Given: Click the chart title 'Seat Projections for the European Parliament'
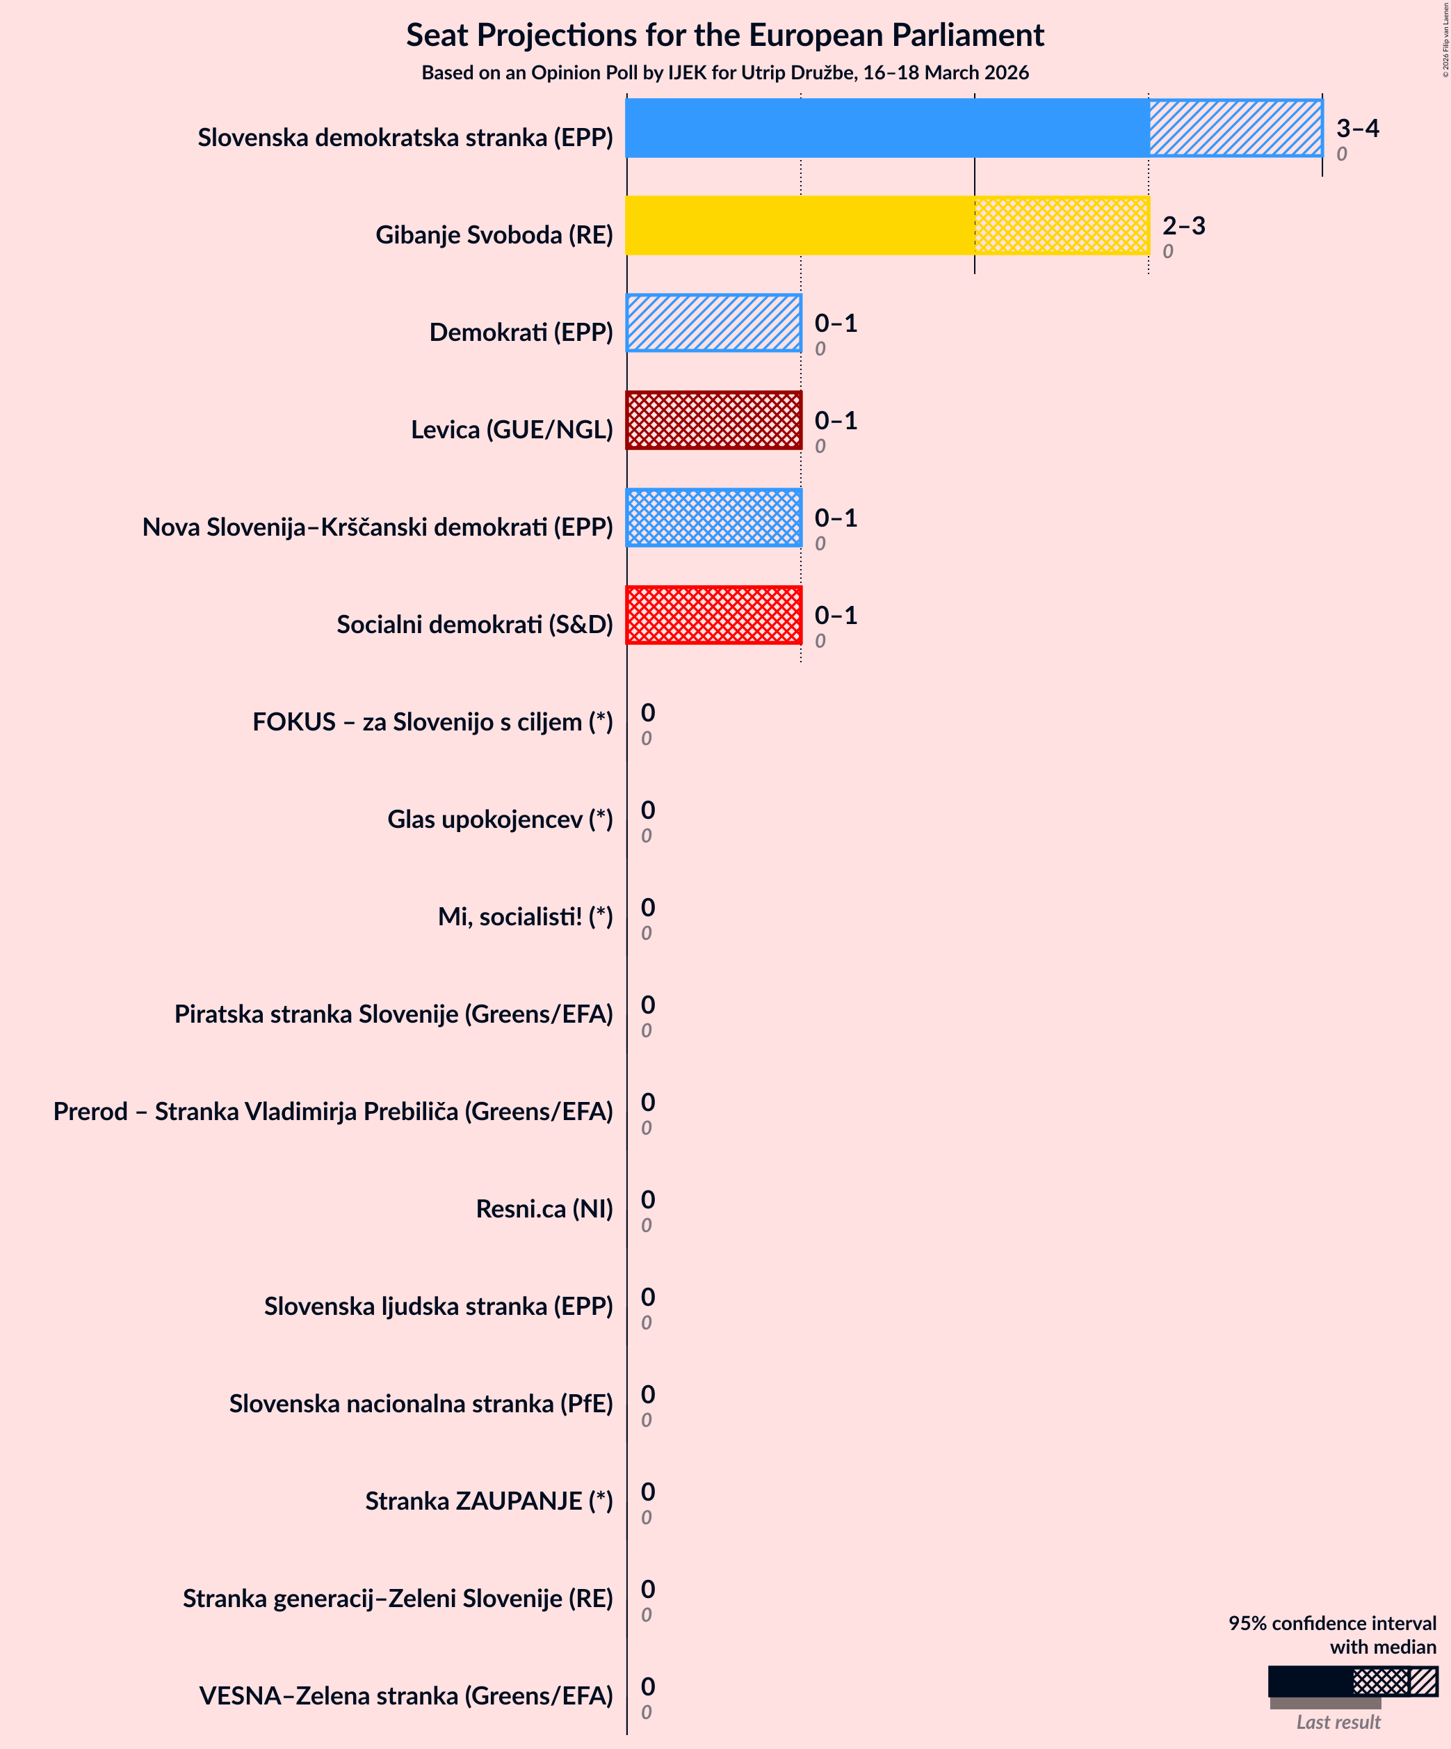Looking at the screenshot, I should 724,35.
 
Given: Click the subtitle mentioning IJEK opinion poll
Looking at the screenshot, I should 724,72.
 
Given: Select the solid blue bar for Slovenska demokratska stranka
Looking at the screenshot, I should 886,128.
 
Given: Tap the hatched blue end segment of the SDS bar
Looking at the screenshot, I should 1235,128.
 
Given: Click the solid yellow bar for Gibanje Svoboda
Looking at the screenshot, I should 799,225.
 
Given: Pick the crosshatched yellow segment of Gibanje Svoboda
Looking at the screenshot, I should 1062,225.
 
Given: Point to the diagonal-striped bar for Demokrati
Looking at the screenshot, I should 713,323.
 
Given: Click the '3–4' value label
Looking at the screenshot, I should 1357,127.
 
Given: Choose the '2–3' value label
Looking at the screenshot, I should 1183,225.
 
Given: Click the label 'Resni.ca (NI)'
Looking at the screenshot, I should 544,1208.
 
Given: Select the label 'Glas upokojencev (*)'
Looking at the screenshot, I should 499,819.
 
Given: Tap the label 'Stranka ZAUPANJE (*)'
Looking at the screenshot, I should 489,1501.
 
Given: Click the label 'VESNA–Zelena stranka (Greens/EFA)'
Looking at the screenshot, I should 405,1695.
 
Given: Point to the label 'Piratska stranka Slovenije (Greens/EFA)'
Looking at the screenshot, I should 393,1014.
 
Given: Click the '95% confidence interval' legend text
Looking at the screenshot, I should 1332,1623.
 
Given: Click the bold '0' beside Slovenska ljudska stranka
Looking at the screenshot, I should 648,1297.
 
